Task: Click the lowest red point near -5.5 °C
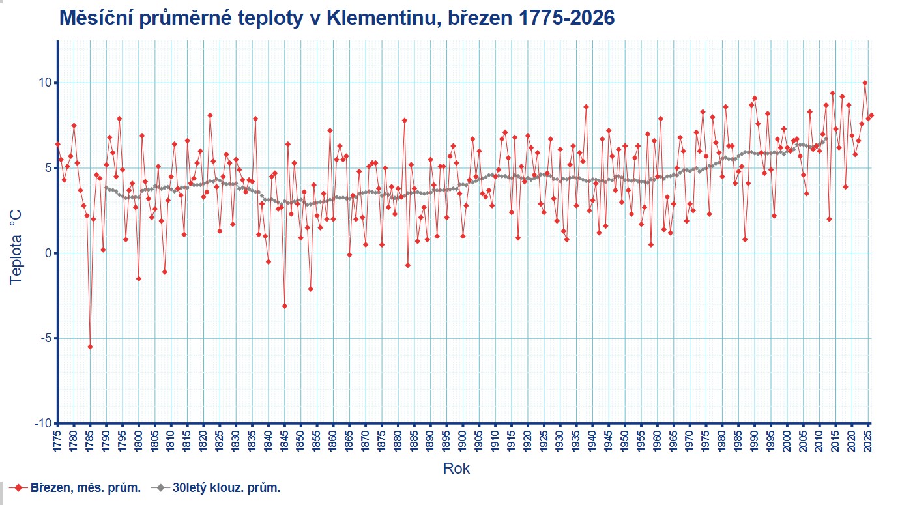[90, 347]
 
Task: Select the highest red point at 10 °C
[865, 83]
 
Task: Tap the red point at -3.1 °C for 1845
[285, 306]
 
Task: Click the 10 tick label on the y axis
[45, 83]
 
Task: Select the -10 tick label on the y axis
[42, 424]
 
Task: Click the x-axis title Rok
[456, 468]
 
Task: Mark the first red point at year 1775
[57, 144]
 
